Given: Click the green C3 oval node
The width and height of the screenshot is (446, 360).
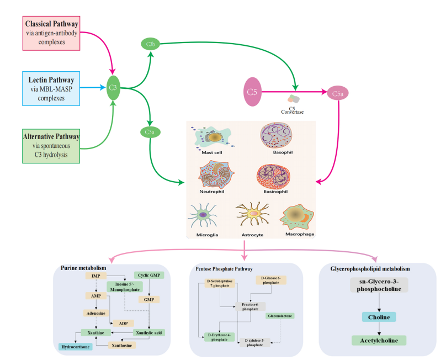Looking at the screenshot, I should click(x=114, y=87).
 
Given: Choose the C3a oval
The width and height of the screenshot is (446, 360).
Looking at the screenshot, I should click(x=150, y=132).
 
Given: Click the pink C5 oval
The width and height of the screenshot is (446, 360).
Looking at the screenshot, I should click(x=252, y=92).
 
